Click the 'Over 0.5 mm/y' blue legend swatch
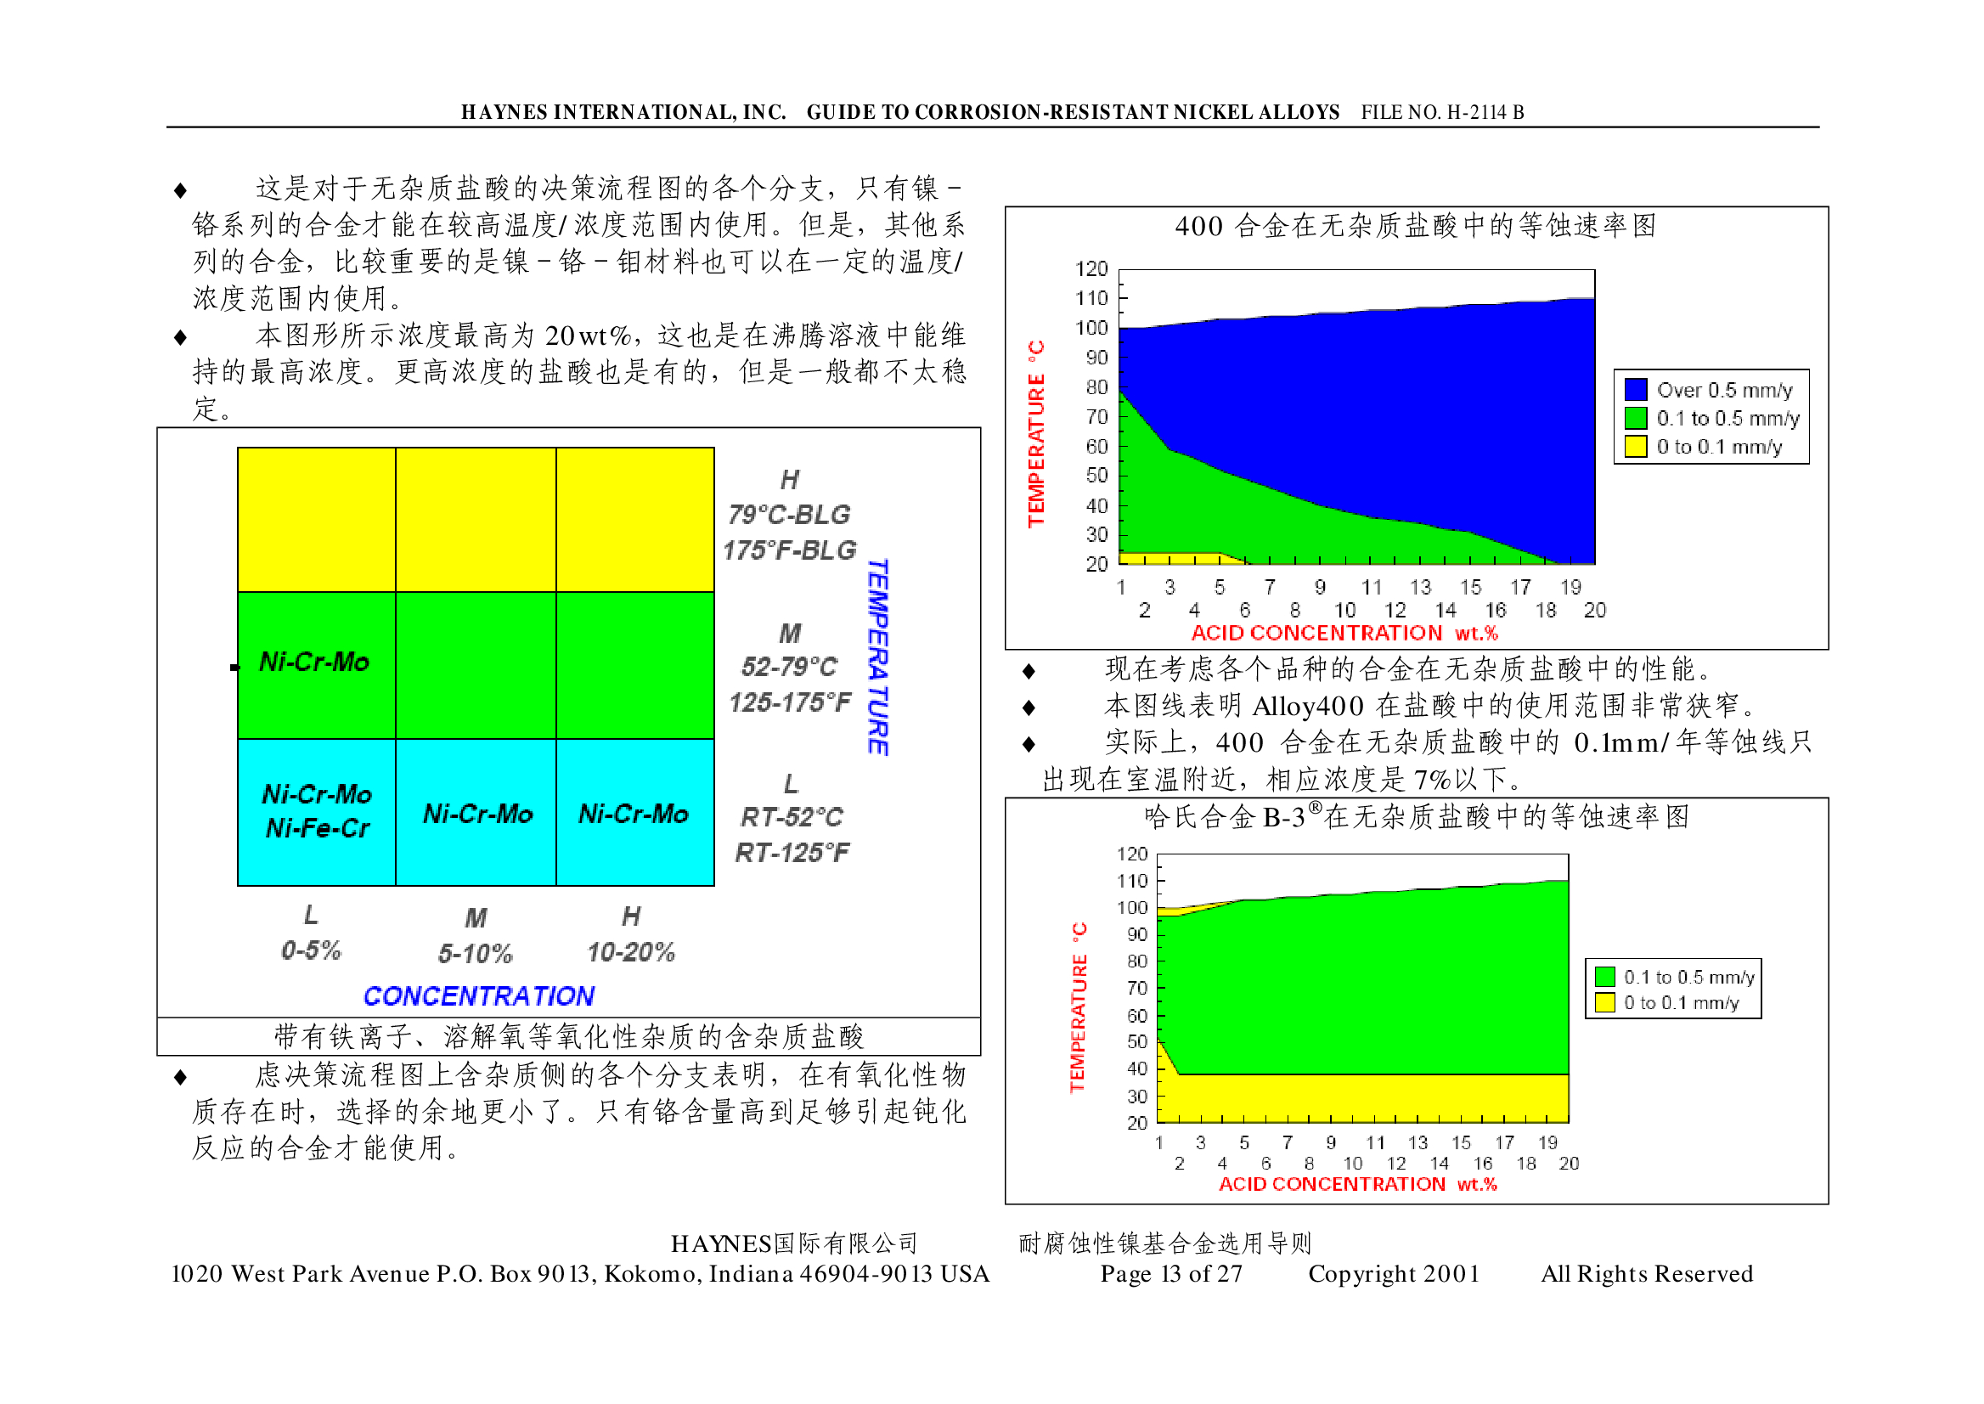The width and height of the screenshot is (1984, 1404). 1635,390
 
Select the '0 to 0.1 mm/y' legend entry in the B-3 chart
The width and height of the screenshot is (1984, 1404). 1681,1003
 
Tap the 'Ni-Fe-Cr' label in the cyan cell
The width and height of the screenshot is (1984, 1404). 318,829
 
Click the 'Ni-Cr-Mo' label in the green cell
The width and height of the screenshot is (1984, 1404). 313,663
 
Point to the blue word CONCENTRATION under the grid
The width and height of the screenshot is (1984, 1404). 478,996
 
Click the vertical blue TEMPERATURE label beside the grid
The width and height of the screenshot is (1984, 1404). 877,657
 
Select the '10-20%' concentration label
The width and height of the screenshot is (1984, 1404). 630,953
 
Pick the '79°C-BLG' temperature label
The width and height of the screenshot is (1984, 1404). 788,516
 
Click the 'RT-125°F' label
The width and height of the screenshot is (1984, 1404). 792,854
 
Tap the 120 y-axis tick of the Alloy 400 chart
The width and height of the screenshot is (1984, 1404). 1091,269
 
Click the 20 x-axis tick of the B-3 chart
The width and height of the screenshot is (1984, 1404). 1568,1164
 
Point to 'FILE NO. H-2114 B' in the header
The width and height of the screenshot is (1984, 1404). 1442,112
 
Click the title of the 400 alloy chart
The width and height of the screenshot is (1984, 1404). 1415,227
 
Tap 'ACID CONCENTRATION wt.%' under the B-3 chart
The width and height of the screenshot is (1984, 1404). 1357,1184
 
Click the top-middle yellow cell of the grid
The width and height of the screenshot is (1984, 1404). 476,520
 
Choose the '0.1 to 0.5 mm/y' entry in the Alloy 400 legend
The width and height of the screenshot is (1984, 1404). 1728,419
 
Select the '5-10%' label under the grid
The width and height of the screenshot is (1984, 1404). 475,954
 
